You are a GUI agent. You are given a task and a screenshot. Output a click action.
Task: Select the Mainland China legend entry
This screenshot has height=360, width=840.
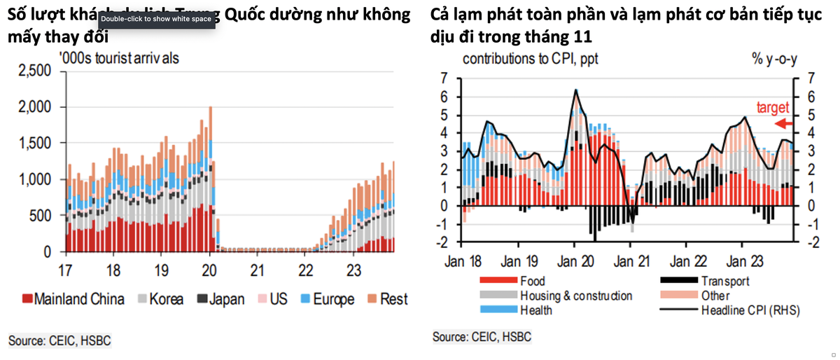point(73,299)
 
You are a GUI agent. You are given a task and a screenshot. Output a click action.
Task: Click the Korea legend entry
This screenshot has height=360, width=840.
point(161,299)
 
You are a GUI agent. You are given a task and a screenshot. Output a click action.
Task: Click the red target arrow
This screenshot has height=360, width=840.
point(782,124)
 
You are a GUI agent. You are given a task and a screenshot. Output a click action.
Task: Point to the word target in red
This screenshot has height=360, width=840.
point(773,108)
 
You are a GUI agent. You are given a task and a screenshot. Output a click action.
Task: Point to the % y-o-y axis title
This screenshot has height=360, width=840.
point(773,60)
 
